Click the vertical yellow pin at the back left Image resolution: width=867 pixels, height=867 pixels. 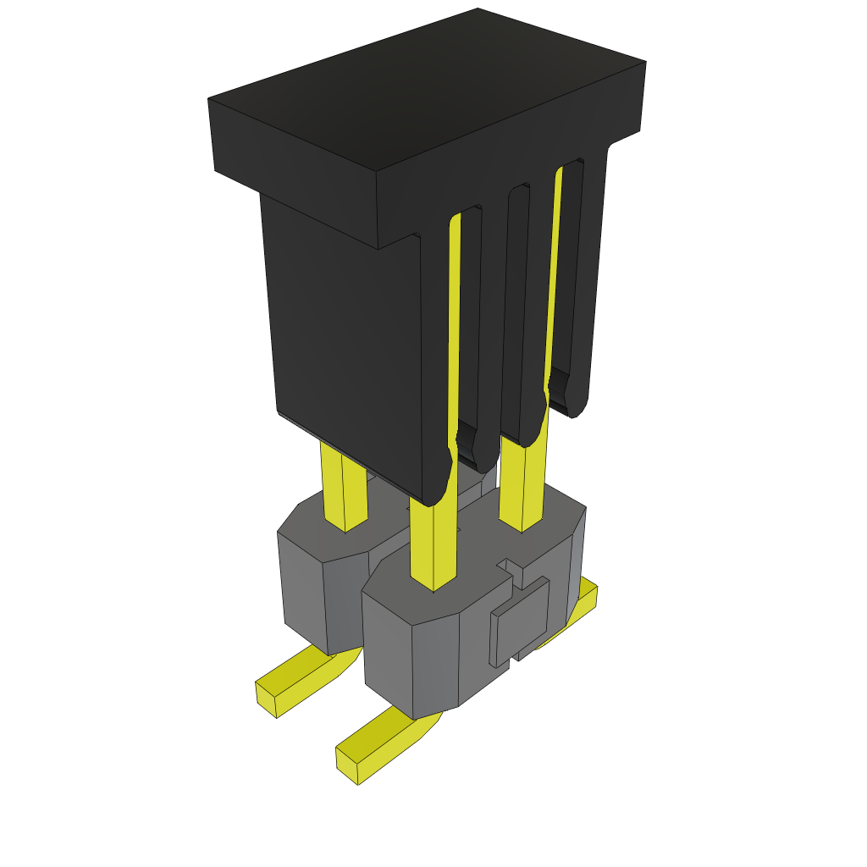[343, 487]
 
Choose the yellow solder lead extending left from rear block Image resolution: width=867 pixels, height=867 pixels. [292, 682]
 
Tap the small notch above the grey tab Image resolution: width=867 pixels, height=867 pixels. [511, 565]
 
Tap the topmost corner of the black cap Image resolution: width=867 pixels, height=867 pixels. [478, 9]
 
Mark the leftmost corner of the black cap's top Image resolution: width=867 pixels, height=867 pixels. [209, 99]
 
